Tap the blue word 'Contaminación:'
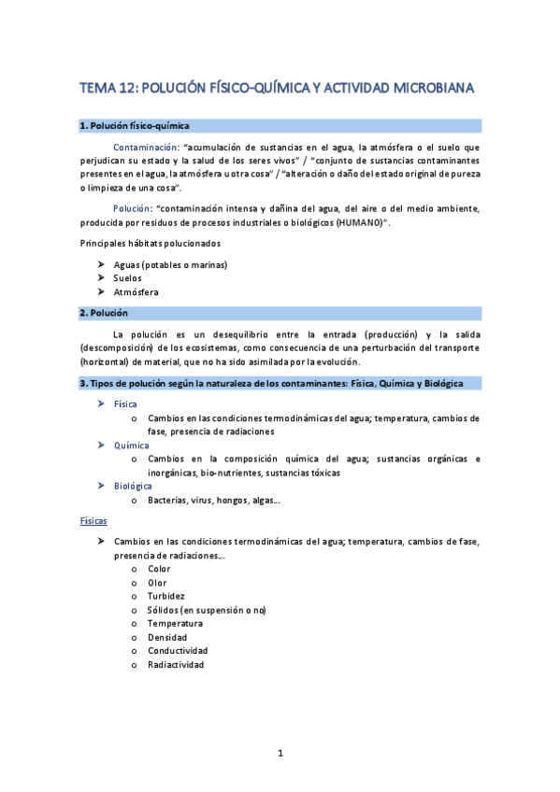[145, 148]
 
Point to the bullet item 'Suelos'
[128, 278]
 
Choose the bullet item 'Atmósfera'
[136, 292]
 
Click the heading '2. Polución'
[104, 313]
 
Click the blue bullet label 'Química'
[131, 445]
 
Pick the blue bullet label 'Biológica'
[134, 487]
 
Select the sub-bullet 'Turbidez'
[166, 596]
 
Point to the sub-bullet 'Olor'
[157, 582]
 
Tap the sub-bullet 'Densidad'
[168, 637]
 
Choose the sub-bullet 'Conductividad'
[178, 651]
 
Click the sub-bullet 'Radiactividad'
[176, 665]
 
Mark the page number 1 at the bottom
[280, 752]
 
